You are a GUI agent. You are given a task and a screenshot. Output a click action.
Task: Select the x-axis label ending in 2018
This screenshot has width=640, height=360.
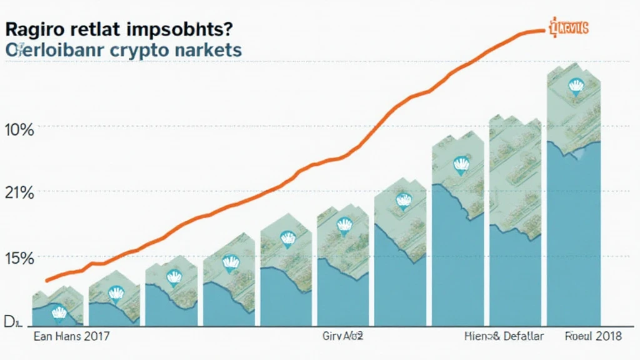click(x=593, y=337)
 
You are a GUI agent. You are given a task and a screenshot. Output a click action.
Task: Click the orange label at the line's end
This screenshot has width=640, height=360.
click(x=569, y=27)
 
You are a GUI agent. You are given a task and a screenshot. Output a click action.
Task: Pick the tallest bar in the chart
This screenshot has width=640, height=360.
click(x=574, y=200)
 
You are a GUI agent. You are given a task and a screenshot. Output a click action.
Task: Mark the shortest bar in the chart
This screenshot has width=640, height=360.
click(x=57, y=309)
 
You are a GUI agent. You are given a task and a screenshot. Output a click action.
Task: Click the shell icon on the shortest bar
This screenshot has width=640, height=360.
click(x=58, y=312)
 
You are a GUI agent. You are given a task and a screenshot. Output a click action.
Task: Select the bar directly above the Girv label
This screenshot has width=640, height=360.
click(x=342, y=269)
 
